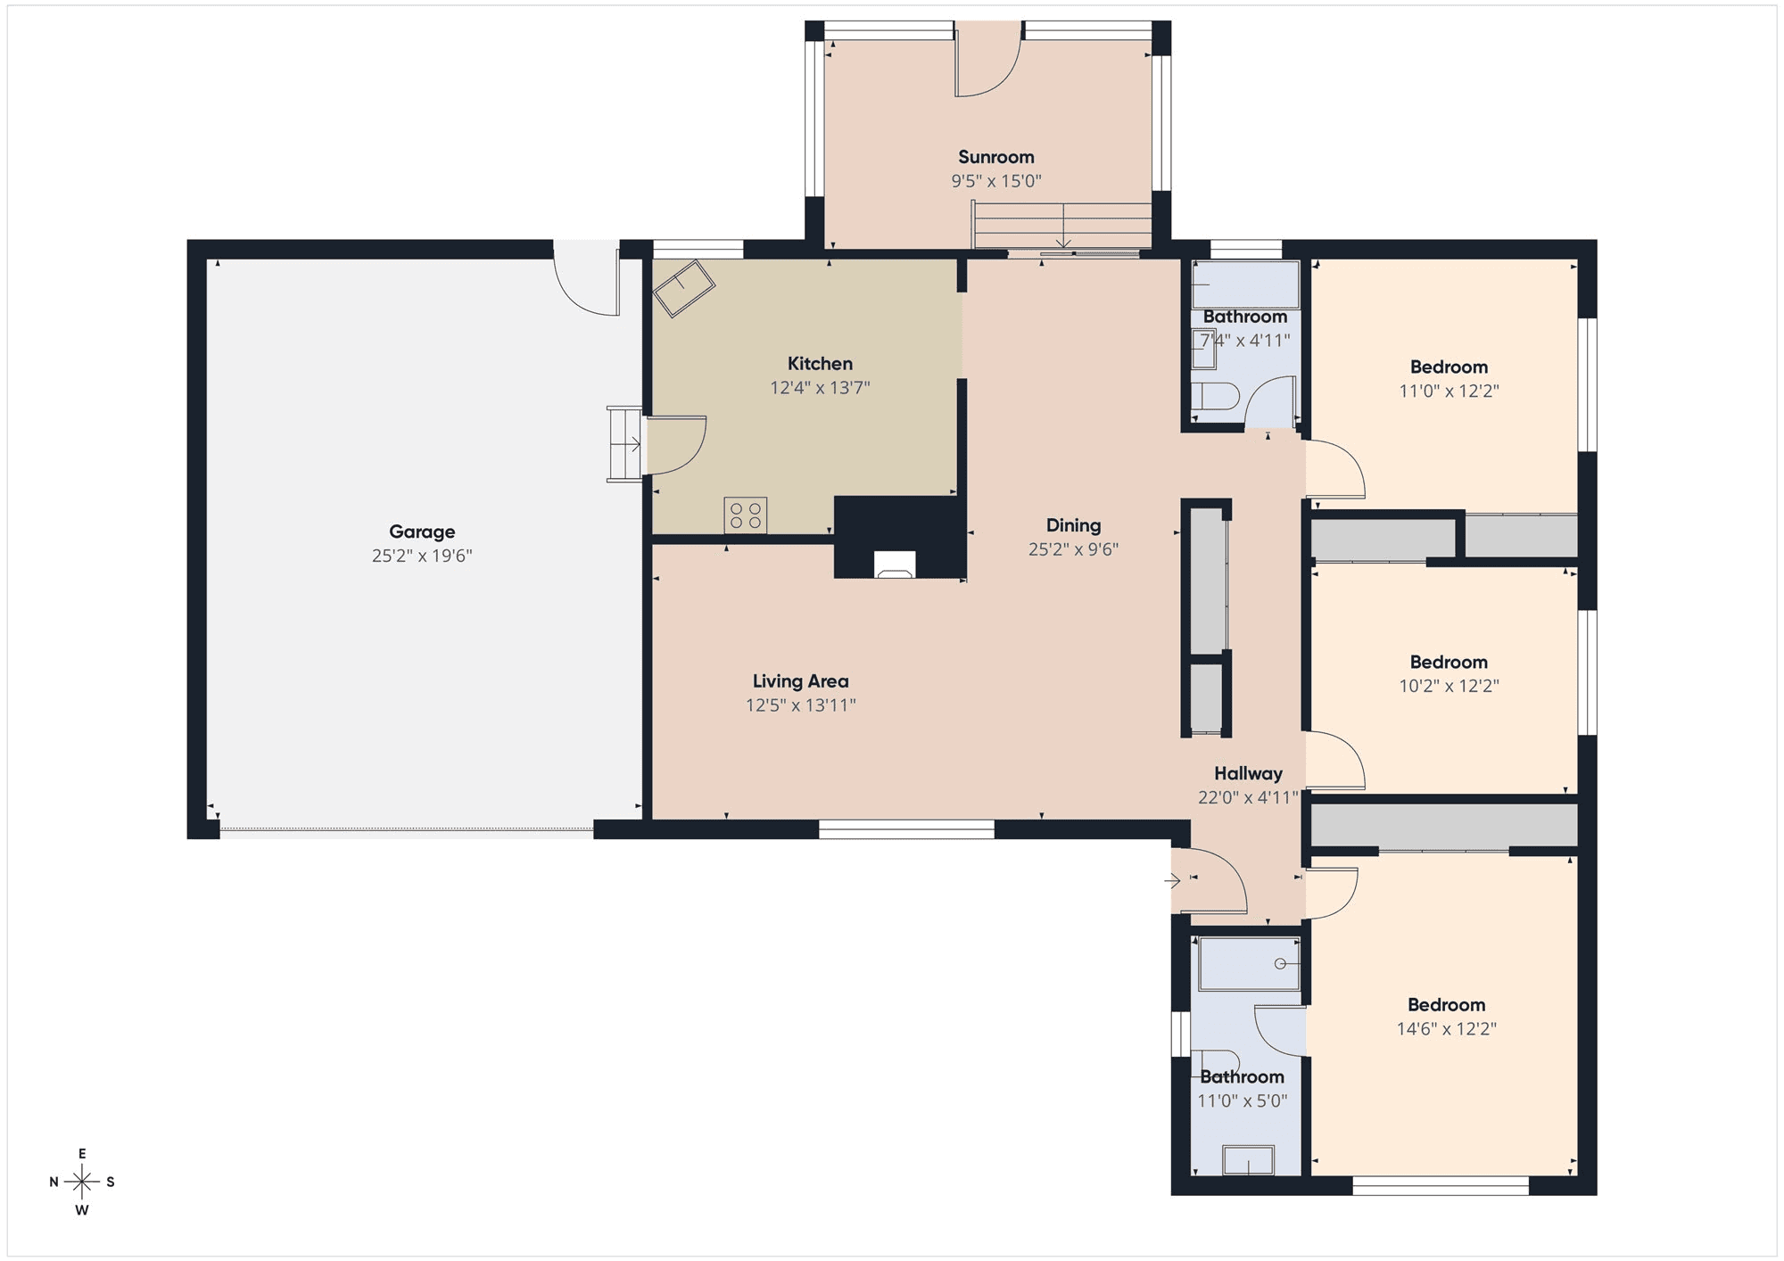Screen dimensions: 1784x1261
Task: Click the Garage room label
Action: coord(422,532)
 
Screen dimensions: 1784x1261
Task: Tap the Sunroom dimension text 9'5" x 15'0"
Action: coord(996,181)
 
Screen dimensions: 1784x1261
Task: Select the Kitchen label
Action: coord(820,363)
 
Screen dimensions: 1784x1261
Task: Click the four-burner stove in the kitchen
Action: coord(746,515)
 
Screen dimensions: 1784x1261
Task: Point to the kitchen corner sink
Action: coord(683,288)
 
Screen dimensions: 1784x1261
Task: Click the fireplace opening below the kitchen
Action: coord(895,565)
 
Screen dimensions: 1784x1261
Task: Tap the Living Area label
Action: coord(800,681)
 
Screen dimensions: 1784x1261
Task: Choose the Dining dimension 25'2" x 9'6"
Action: coord(1073,549)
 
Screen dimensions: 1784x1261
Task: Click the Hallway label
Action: coord(1248,773)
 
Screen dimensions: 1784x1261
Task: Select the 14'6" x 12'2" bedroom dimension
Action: coord(1446,1029)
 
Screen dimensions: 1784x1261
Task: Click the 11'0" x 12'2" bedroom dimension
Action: coord(1449,391)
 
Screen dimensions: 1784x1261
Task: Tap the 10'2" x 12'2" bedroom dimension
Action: coord(1449,686)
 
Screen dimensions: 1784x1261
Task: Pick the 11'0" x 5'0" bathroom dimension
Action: coord(1242,1101)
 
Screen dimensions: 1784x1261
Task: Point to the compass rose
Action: coord(82,1183)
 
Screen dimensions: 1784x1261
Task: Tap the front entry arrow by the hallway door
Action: coord(1172,881)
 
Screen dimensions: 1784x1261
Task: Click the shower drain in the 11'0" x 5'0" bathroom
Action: coord(1280,964)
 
